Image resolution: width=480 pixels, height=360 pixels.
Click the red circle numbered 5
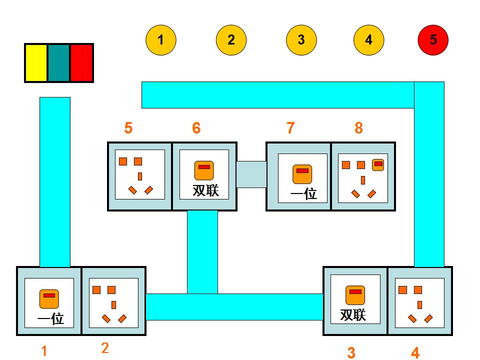click(433, 40)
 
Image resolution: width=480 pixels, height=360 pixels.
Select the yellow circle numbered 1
click(160, 40)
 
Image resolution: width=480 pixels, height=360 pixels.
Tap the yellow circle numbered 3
click(301, 40)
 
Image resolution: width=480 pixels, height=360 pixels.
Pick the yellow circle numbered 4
click(368, 40)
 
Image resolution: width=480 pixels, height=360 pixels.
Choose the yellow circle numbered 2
click(231, 40)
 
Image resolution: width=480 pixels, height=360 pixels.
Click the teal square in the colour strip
click(59, 62)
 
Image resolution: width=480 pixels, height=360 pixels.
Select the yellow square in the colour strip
click(36, 62)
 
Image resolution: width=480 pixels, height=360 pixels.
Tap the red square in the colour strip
click(81, 62)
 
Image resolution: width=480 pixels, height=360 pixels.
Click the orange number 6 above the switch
click(196, 128)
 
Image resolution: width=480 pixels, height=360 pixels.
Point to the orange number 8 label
click(358, 128)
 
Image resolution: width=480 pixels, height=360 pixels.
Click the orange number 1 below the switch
click(44, 351)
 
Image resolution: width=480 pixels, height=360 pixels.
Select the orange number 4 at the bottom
click(415, 353)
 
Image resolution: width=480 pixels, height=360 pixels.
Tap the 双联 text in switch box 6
click(205, 190)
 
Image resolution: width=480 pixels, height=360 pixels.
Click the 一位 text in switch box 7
click(304, 193)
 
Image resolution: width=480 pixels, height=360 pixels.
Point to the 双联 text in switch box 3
click(353, 315)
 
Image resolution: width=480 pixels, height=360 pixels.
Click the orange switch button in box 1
click(49, 298)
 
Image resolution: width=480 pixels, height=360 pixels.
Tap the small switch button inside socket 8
click(378, 164)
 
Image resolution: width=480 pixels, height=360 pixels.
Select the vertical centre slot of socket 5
click(140, 176)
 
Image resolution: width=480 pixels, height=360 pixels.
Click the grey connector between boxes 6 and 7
click(251, 174)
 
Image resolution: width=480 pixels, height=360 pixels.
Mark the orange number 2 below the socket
click(105, 348)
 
